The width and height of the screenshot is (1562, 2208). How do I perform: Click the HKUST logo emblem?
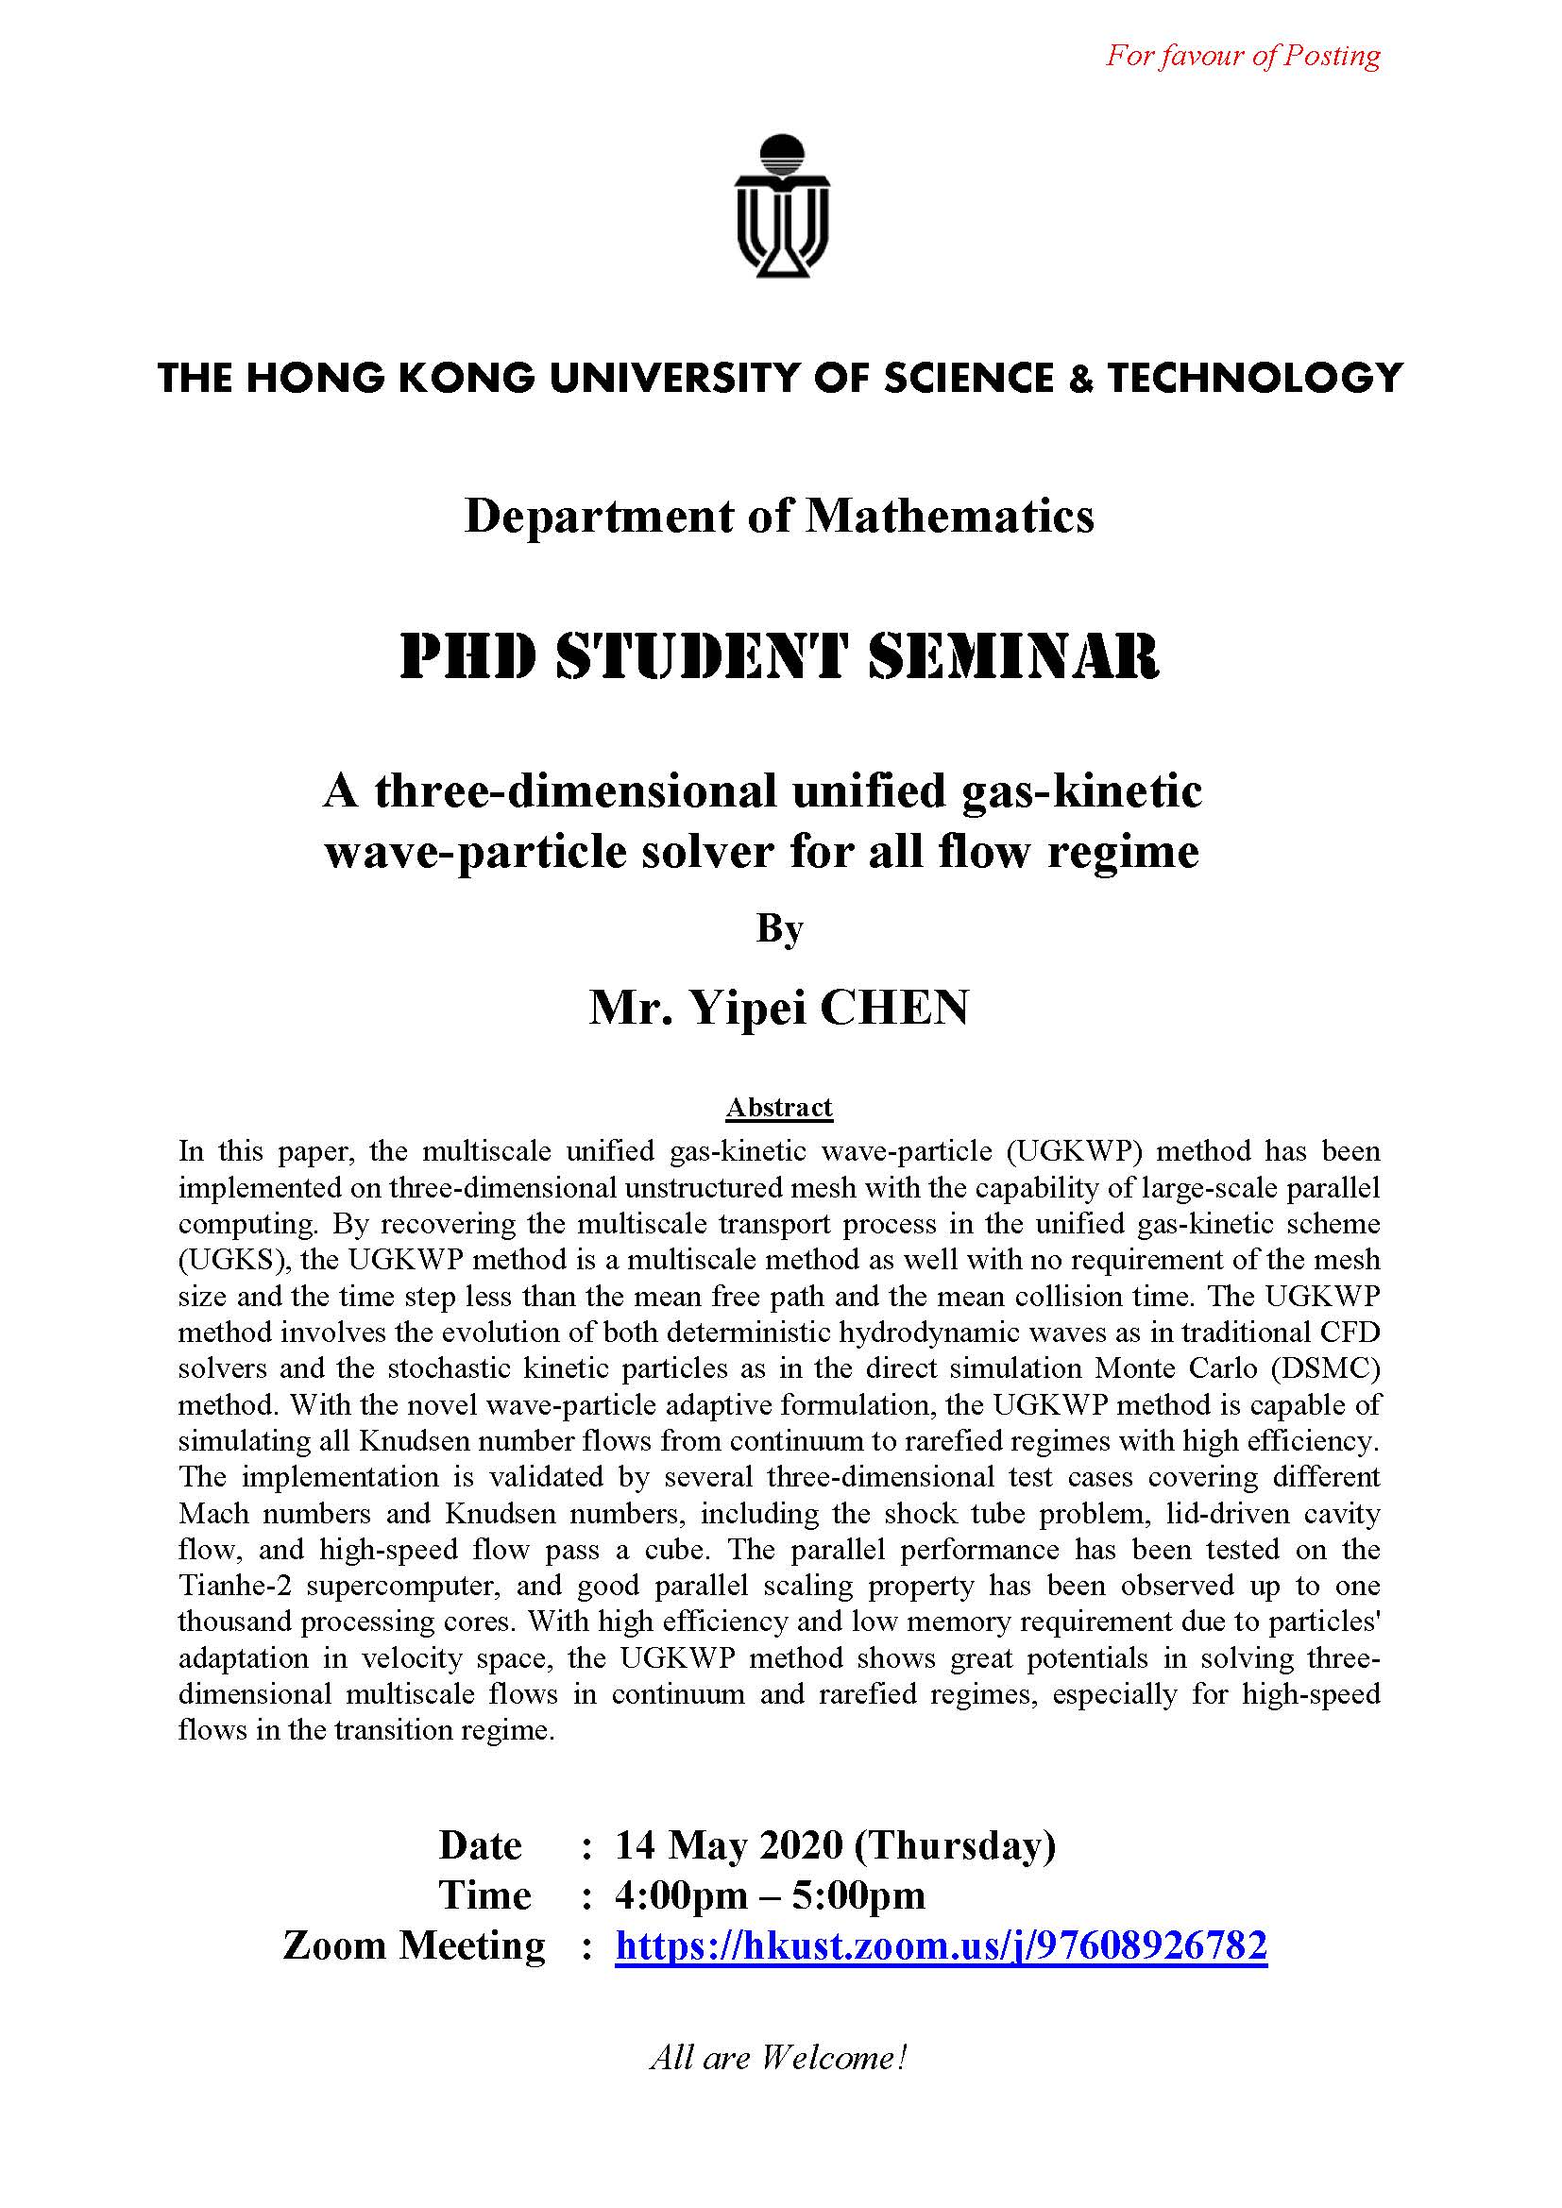pyautogui.click(x=782, y=207)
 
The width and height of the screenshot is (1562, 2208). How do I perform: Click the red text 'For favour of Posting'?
pyautogui.click(x=1243, y=56)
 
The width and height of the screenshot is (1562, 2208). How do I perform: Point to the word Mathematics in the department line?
pyautogui.click(x=950, y=517)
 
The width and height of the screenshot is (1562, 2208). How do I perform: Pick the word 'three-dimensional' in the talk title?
pyautogui.click(x=575, y=791)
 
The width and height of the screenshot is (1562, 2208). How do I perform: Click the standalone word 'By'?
pyautogui.click(x=779, y=928)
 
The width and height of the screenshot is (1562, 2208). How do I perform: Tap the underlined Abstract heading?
pyautogui.click(x=779, y=1108)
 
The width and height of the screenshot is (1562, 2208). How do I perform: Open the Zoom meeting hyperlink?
pyautogui.click(x=941, y=1945)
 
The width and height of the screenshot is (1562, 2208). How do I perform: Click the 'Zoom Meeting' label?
pyautogui.click(x=415, y=1945)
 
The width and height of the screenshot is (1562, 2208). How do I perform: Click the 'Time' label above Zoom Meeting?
pyautogui.click(x=484, y=1894)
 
